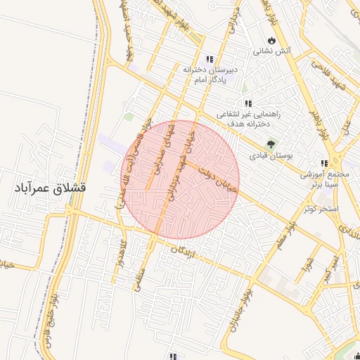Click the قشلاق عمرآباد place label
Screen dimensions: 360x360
click(49, 188)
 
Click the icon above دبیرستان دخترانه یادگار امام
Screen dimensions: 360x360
click(209, 59)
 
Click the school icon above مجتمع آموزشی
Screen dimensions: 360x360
click(324, 162)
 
